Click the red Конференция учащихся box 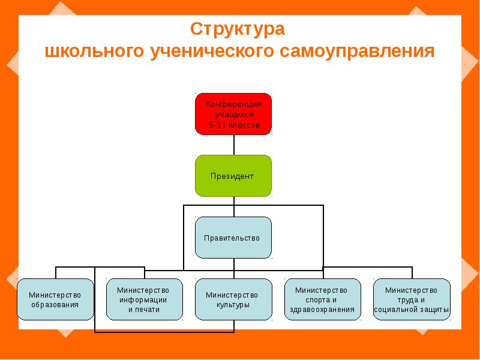click(233, 114)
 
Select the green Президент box click(233, 176)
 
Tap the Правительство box click(233, 238)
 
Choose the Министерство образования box click(55, 299)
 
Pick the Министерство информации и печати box click(143, 299)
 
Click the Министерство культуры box click(232, 299)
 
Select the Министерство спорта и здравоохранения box click(323, 299)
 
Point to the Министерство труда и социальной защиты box click(412, 299)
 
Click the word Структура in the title click(237, 29)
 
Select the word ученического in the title click(207, 51)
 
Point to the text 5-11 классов click(233, 125)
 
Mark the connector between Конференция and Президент click(233, 145)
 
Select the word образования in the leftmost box click(55, 305)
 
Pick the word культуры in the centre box click(232, 305)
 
